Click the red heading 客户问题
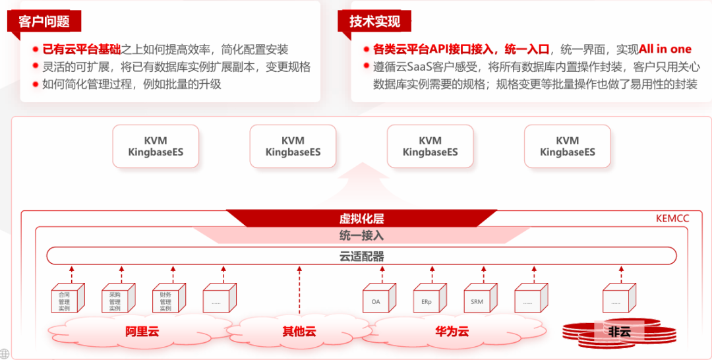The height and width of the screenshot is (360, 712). [x=44, y=22]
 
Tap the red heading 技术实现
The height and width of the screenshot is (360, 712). [x=374, y=22]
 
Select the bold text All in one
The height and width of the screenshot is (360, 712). [x=665, y=49]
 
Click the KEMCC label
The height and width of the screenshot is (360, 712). [x=672, y=218]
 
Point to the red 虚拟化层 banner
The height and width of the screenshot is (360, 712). [x=361, y=219]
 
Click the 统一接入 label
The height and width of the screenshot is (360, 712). [x=361, y=235]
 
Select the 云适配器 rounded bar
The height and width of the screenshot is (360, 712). [x=361, y=256]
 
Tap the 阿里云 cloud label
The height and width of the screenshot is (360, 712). [x=142, y=331]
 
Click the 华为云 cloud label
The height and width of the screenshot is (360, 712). [x=452, y=331]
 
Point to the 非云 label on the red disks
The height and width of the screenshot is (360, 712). [x=620, y=332]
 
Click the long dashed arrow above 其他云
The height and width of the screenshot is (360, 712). [x=299, y=290]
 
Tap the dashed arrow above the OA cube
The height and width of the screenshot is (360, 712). [x=382, y=273]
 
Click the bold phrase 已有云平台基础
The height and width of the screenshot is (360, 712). [x=81, y=49]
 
